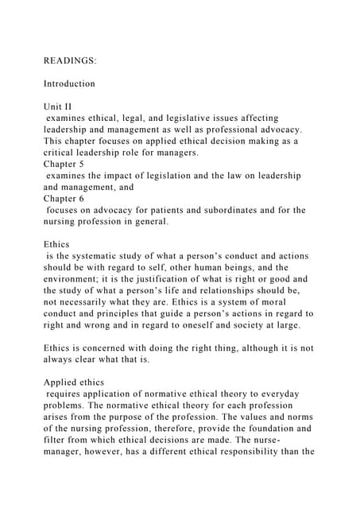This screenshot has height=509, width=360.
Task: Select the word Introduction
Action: (69, 83)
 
